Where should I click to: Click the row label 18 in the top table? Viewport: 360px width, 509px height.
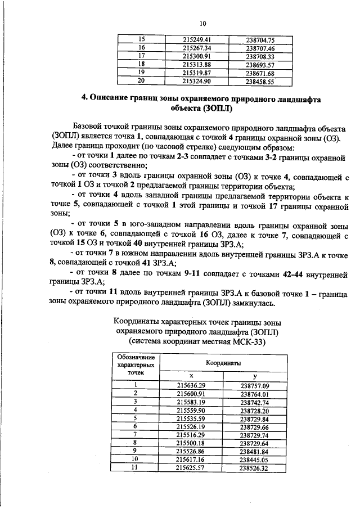tap(141, 65)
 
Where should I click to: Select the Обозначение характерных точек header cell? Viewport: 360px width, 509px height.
tap(136, 366)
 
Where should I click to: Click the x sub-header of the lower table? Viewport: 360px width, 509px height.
tap(191, 376)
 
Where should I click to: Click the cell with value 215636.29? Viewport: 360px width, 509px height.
tap(191, 385)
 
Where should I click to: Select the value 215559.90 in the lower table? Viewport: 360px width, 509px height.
tap(191, 411)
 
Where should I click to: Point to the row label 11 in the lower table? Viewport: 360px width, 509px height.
tap(136, 467)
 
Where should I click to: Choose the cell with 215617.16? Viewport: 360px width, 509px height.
tap(191, 460)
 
